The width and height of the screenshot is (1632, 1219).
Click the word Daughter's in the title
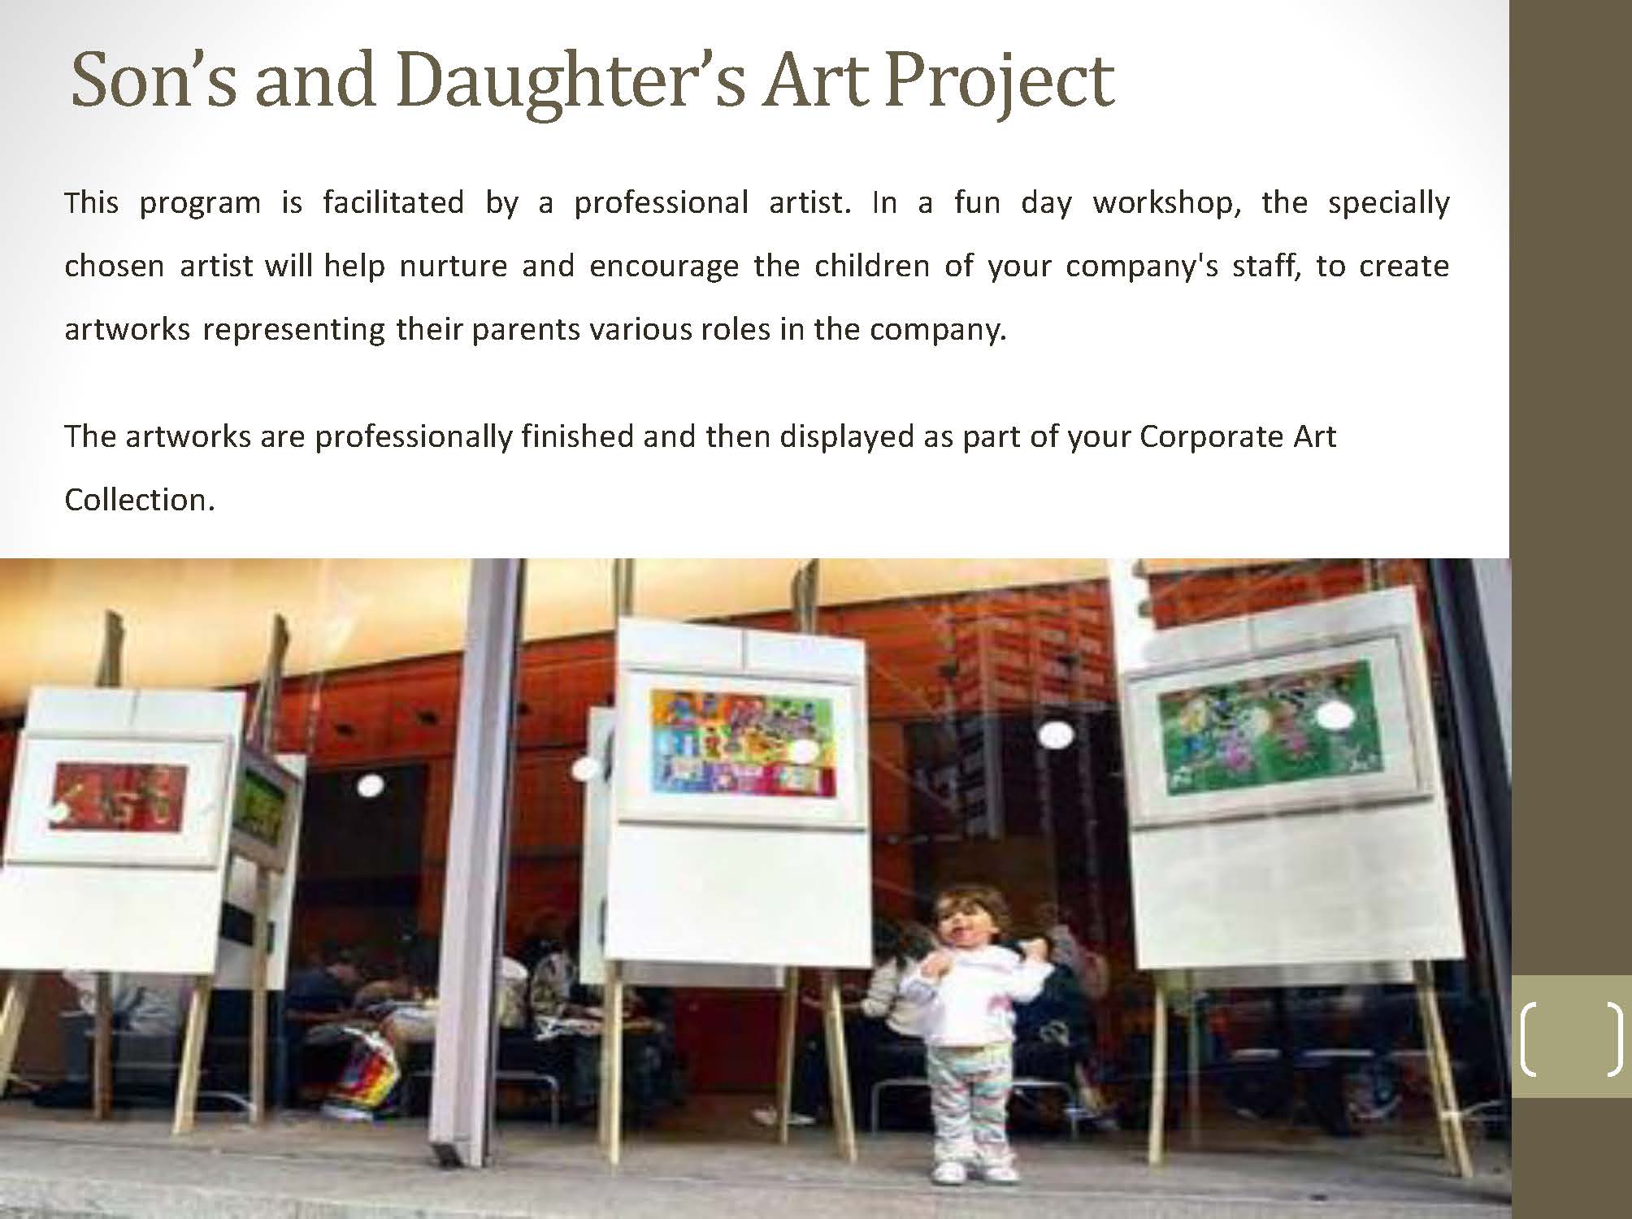coord(571,83)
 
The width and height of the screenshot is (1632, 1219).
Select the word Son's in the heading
coord(154,81)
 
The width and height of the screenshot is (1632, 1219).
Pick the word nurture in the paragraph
coord(454,267)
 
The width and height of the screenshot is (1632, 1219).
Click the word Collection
coord(139,499)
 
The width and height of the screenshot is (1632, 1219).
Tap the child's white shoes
coord(975,1171)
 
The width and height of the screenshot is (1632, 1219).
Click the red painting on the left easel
coord(118,797)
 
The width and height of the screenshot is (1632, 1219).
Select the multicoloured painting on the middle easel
coord(742,741)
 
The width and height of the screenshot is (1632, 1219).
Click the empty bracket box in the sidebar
coord(1570,1039)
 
